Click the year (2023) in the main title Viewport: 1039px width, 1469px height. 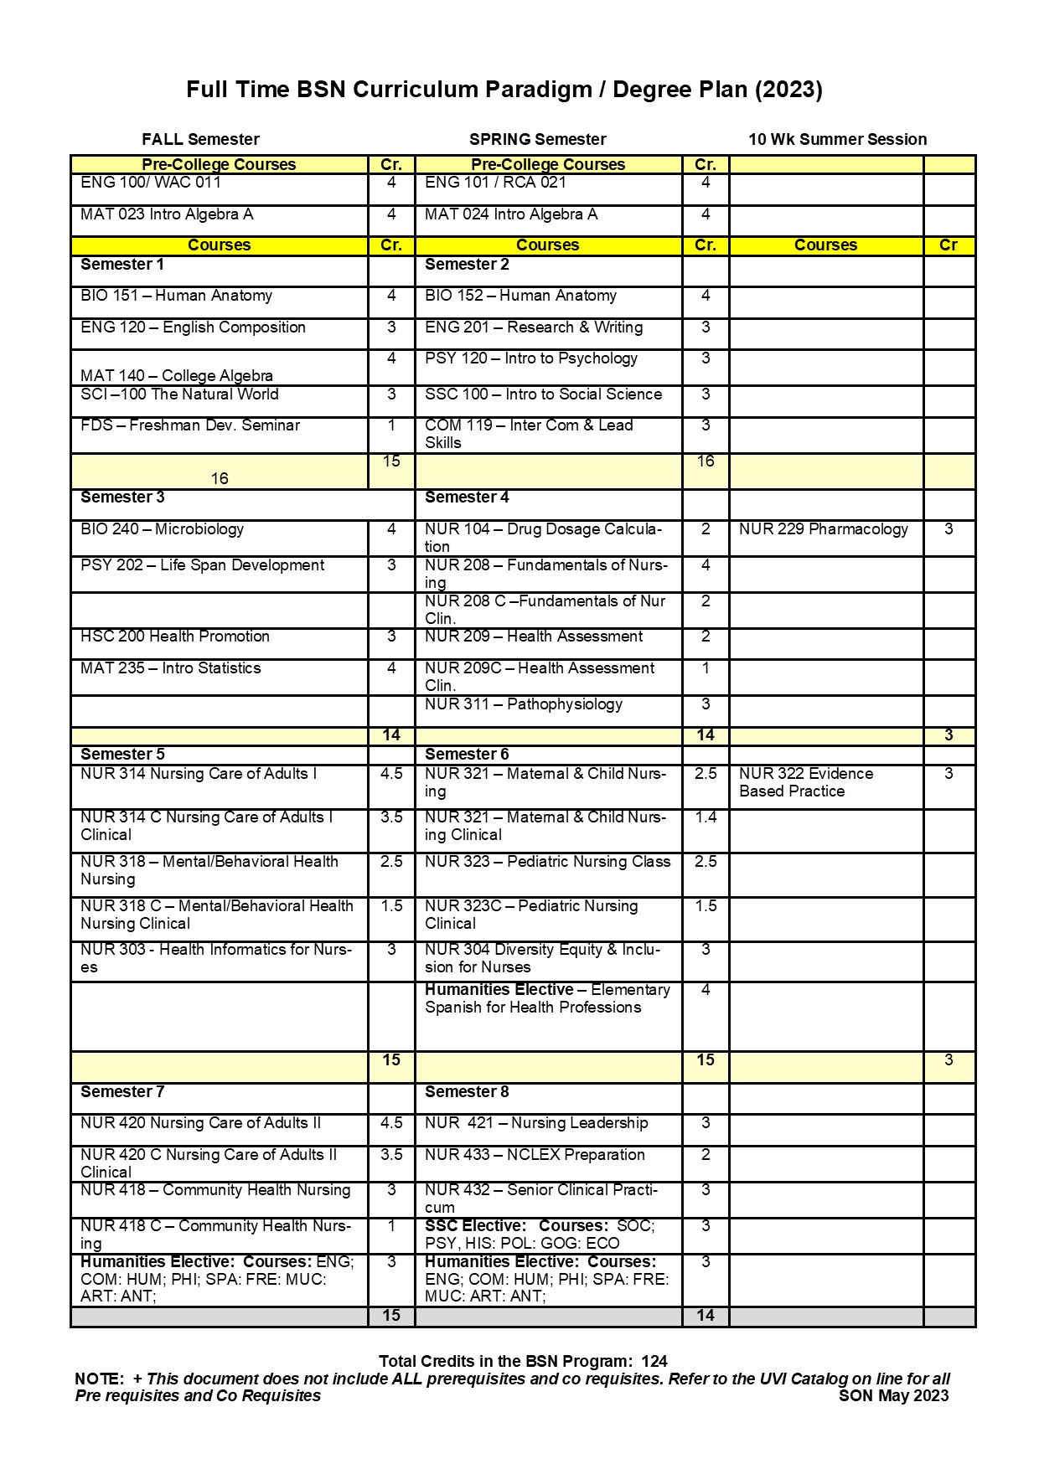pyautogui.click(x=788, y=90)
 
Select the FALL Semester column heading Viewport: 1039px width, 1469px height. pyautogui.click(x=200, y=139)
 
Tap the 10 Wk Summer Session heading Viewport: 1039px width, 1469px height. pyautogui.click(x=837, y=139)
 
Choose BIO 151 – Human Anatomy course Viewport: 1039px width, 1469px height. pyautogui.click(x=176, y=296)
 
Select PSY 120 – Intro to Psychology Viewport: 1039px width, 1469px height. pyautogui.click(x=531, y=358)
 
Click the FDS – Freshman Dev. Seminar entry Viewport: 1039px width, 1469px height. pyautogui.click(x=190, y=425)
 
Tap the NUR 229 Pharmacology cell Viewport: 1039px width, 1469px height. pyautogui.click(x=823, y=529)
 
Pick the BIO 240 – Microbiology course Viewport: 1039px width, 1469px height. pyautogui.click(x=162, y=529)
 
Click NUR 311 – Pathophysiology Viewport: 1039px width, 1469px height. pyautogui.click(x=523, y=704)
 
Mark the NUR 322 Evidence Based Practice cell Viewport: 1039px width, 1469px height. pyautogui.click(x=805, y=782)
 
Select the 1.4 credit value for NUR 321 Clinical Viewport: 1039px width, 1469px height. pyautogui.click(x=706, y=817)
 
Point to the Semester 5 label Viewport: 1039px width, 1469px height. pyautogui.click(x=122, y=754)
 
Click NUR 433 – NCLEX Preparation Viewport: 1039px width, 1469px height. pyautogui.click(x=535, y=1155)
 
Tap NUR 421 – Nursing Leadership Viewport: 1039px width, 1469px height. pyautogui.click(x=536, y=1123)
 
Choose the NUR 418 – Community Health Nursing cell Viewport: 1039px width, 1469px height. pyautogui.click(x=215, y=1190)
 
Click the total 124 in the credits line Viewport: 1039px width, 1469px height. pyautogui.click(x=654, y=1361)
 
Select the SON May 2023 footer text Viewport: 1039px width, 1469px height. pyautogui.click(x=893, y=1395)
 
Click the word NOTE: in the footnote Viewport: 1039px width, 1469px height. pyautogui.click(x=99, y=1379)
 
